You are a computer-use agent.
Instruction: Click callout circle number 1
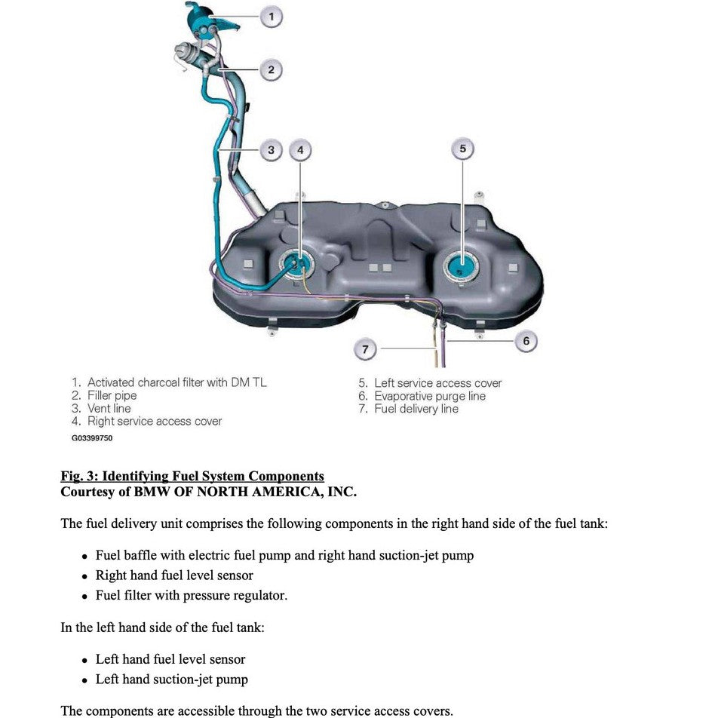[271, 16]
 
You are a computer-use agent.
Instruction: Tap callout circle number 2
[271, 70]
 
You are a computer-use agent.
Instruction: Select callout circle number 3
[272, 150]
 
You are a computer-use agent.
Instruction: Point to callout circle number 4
[300, 150]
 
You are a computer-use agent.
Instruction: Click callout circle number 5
[462, 149]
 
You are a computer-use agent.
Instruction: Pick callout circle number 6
[526, 341]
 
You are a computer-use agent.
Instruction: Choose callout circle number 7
[365, 349]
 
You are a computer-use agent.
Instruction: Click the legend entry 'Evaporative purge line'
[430, 396]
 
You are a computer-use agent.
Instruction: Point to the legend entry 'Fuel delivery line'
[416, 409]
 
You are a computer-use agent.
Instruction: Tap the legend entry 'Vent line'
[109, 409]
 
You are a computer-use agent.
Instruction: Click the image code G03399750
[92, 438]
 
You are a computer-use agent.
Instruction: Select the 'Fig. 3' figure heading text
[192, 476]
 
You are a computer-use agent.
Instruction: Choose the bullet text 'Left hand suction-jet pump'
[171, 680]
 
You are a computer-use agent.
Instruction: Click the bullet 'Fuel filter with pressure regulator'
[191, 596]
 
